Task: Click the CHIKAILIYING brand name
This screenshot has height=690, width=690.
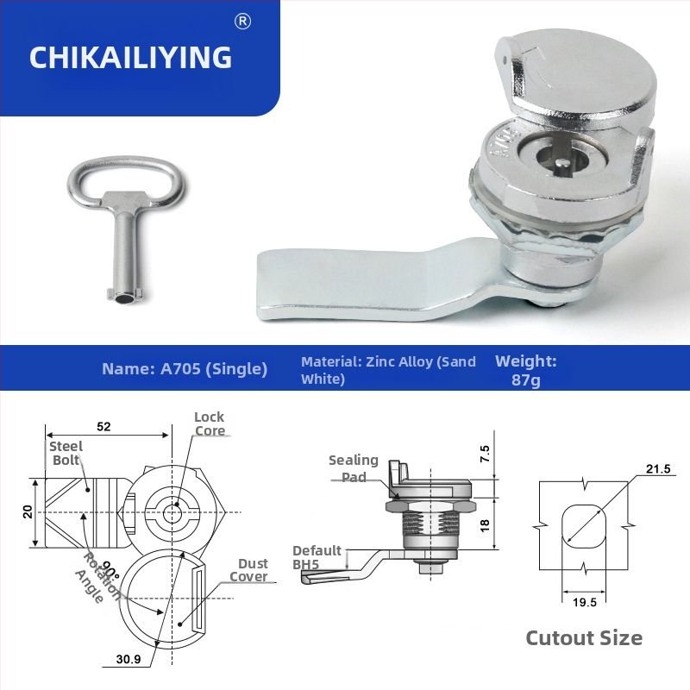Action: (130, 57)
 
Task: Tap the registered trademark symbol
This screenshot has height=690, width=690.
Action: (242, 21)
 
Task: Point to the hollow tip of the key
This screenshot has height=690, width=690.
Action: (125, 299)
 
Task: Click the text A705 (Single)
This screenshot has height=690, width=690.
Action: (214, 369)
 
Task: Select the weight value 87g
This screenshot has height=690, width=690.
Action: (525, 379)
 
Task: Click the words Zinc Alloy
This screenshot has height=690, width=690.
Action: (400, 361)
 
